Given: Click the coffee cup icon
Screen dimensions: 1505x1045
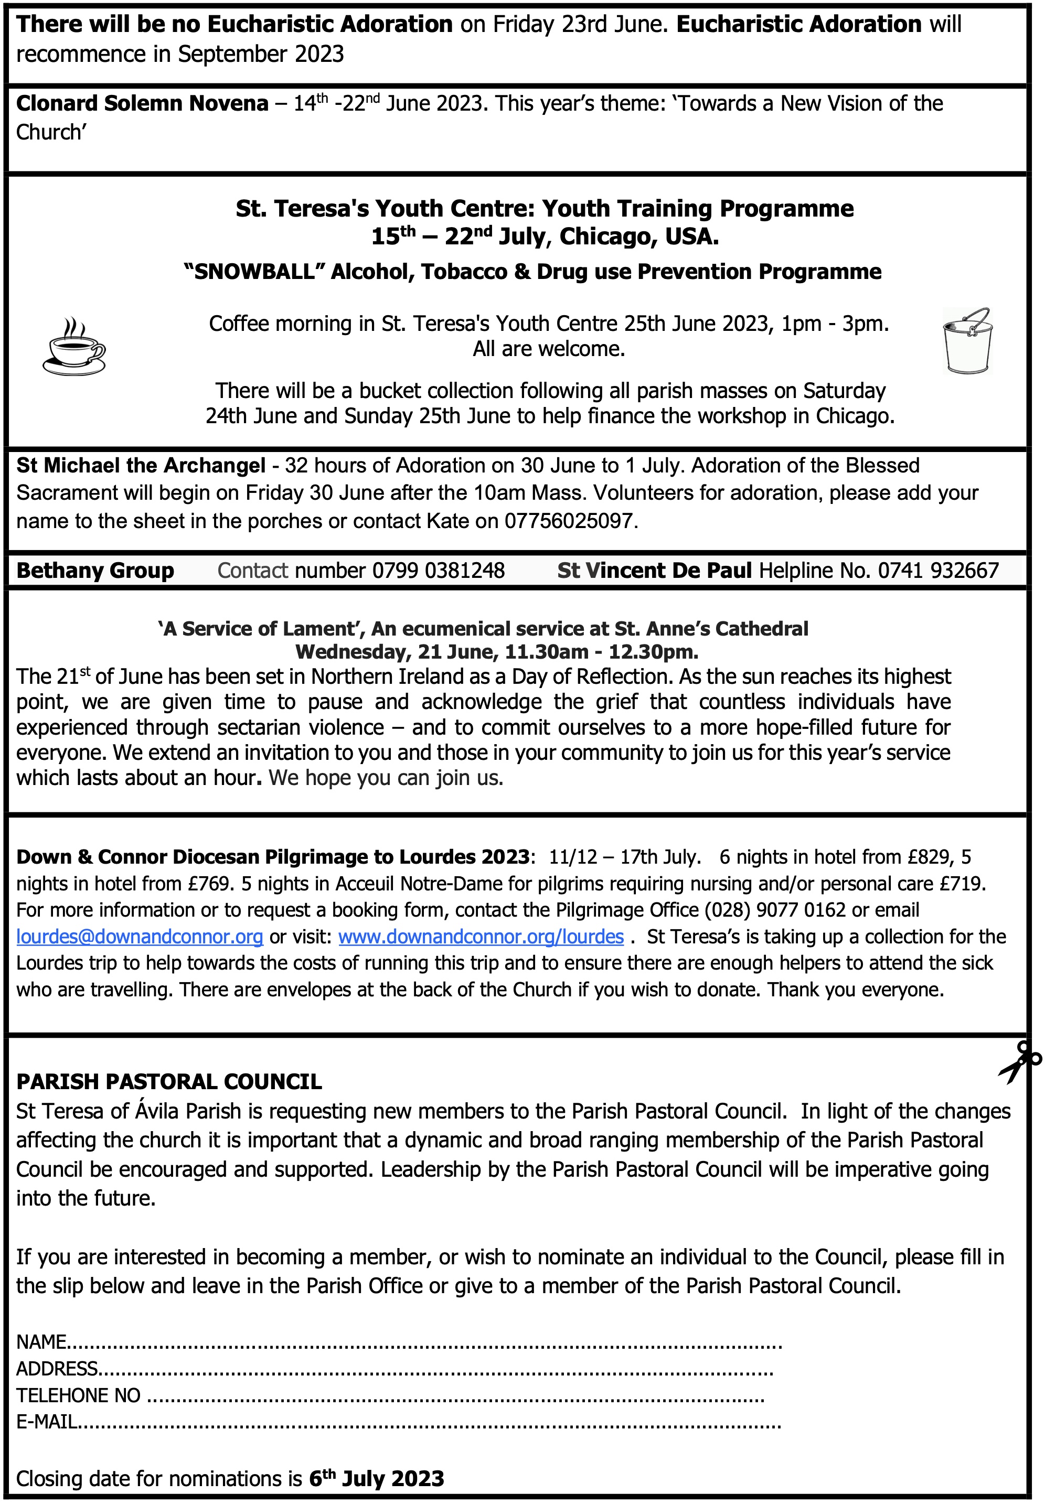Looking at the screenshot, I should point(73,346).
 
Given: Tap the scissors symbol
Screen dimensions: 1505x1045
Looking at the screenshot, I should point(1018,1062).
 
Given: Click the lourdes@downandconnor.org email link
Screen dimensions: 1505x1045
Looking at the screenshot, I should point(140,937).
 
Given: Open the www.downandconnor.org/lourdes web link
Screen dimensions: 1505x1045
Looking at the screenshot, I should point(481,937).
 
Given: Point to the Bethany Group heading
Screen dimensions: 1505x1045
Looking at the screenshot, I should point(95,571).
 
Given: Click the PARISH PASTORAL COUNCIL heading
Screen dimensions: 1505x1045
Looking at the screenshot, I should point(169,1082).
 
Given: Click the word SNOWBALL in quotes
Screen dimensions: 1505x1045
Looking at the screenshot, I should point(255,272).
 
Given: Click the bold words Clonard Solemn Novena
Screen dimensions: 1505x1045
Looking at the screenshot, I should point(142,103).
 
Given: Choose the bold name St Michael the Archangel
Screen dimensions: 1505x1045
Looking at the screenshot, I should point(141,465).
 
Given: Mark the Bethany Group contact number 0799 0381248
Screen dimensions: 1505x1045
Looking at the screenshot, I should point(438,571).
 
